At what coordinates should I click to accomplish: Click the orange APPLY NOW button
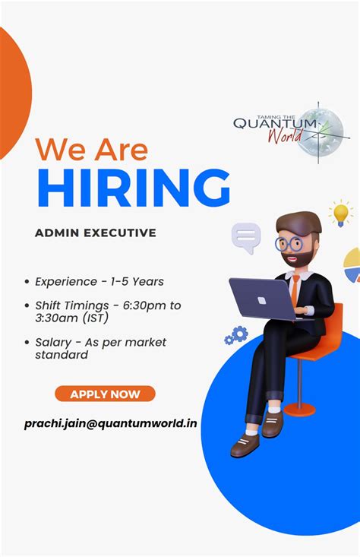[105, 394]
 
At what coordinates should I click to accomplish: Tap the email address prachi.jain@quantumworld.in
[110, 422]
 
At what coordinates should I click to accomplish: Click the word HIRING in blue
[134, 188]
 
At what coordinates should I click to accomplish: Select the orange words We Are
[92, 148]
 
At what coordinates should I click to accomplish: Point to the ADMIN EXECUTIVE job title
[96, 233]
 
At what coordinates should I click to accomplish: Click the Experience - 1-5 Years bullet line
[99, 281]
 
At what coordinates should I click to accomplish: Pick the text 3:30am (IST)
[74, 318]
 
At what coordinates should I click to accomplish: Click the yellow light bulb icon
[341, 213]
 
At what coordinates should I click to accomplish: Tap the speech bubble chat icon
[246, 237]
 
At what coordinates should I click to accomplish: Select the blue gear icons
[238, 334]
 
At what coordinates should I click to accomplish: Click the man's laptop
[263, 298]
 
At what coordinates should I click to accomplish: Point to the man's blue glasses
[289, 244]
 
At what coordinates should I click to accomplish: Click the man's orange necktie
[293, 292]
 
